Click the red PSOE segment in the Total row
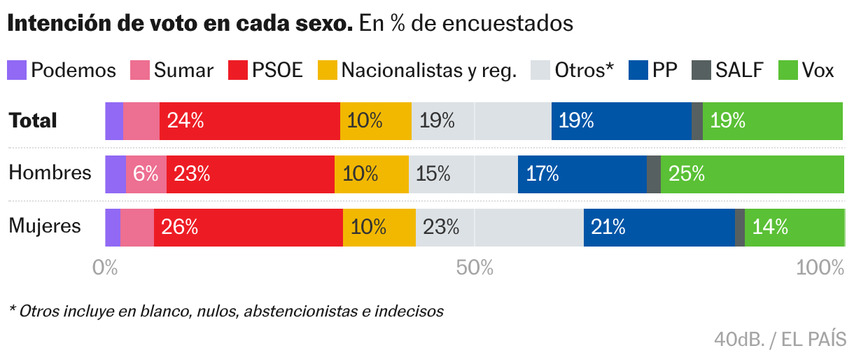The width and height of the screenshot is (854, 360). point(249,120)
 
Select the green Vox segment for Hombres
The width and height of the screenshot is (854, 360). point(752,174)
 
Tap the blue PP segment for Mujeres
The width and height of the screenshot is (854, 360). point(659,227)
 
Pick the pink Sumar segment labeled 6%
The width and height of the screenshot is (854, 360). point(146,174)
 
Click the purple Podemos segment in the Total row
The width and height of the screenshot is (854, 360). point(113,120)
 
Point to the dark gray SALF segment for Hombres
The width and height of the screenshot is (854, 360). point(653,174)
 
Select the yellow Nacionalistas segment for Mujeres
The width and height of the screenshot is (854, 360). point(379,227)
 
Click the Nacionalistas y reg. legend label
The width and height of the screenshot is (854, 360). point(428,70)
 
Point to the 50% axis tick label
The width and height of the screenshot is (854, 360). point(475,268)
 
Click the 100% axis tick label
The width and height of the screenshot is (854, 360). point(820,268)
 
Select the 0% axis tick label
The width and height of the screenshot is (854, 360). point(105,268)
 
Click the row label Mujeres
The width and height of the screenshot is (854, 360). point(45,226)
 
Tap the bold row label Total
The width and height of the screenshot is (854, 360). point(32,120)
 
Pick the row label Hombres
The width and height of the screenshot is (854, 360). point(50,173)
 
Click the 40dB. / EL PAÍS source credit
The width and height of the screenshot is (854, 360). point(780,339)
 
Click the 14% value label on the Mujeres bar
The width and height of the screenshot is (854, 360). point(770,227)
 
